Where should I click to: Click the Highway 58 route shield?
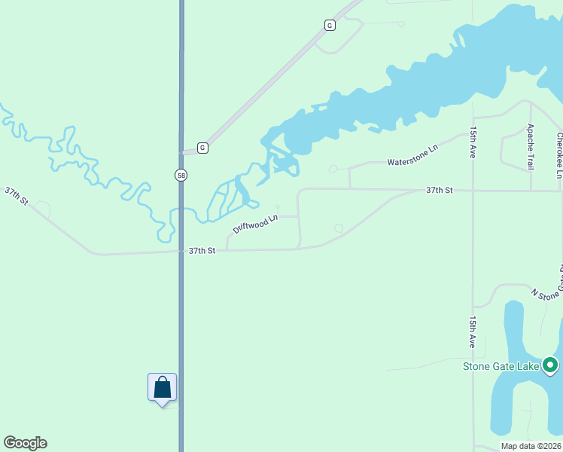181,175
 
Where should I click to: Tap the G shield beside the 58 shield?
202,148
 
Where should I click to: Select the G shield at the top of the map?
330,25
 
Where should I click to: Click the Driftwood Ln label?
255,224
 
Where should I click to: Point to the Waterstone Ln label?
412,156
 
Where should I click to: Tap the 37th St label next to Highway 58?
202,250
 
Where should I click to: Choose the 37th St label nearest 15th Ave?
439,191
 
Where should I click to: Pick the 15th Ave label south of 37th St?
473,331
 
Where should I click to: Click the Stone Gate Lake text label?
500,367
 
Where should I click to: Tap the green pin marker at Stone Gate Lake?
550,366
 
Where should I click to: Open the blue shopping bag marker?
162,388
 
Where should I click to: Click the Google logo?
25,443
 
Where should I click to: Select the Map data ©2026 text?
530,446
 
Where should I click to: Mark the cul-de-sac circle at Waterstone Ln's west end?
333,169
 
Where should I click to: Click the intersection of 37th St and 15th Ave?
473,191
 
